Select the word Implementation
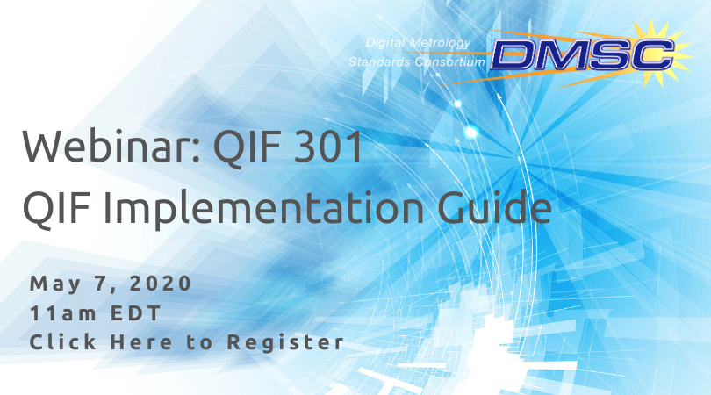pos(263,208)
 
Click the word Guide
pos(494,207)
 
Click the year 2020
pos(161,284)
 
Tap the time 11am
pos(62,312)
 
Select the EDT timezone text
pos(135,312)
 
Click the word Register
pos(285,343)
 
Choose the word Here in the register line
pos(141,342)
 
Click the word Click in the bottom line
pos(63,341)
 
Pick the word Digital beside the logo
pos(385,44)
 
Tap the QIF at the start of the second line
pos(56,209)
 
